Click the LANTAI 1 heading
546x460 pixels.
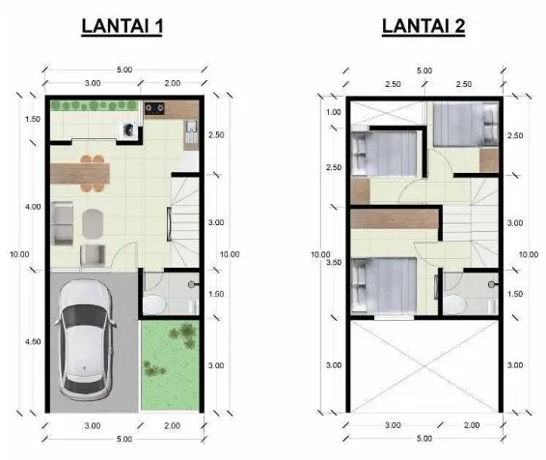pyautogui.click(x=122, y=26)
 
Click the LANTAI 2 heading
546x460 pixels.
pyautogui.click(x=423, y=26)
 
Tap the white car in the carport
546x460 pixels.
pyautogui.click(x=86, y=340)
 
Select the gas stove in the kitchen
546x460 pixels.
pyautogui.click(x=154, y=108)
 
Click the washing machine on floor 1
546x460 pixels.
pyautogui.click(x=129, y=130)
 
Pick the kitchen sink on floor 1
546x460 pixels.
pyautogui.click(x=191, y=128)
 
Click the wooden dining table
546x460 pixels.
pyautogui.click(x=80, y=173)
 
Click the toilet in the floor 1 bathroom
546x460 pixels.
pyautogui.click(x=154, y=305)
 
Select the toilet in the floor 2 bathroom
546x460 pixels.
pyautogui.click(x=454, y=304)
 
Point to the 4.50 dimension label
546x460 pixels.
pyautogui.click(x=33, y=342)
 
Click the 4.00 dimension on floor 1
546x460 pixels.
pyautogui.click(x=33, y=207)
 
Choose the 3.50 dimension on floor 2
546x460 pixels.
pyautogui.click(x=334, y=262)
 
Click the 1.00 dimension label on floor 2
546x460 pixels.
pyautogui.click(x=334, y=112)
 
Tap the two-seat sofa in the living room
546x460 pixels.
pyautogui.click(x=63, y=223)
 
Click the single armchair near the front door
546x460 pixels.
pyautogui.click(x=93, y=255)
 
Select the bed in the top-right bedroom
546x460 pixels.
pyautogui.click(x=466, y=125)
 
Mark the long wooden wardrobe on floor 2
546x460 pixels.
pyautogui.click(x=395, y=218)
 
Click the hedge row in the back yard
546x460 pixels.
pyautogui.click(x=93, y=105)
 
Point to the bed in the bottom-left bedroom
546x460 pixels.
pyautogui.click(x=384, y=285)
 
